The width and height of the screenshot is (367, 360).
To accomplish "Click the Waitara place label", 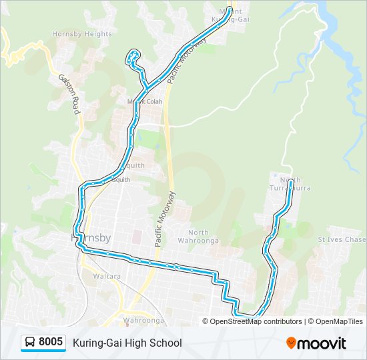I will (x=107, y=275).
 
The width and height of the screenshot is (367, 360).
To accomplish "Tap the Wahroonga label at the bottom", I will (x=143, y=320).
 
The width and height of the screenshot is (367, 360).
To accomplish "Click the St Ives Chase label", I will (x=342, y=239).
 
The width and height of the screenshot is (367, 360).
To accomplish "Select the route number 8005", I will (x=51, y=343).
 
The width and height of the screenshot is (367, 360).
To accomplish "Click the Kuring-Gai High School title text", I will (x=127, y=343).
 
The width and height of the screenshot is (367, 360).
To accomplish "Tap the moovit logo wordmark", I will (x=322, y=343).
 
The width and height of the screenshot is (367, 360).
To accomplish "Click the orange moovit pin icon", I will (x=292, y=343).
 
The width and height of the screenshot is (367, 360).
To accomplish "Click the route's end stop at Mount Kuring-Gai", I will (x=230, y=9).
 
